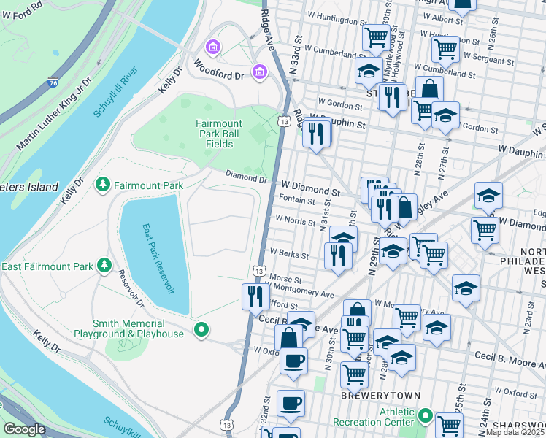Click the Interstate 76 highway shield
click(x=53, y=83)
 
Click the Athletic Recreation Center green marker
click(x=426, y=417)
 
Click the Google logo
click(x=25, y=429)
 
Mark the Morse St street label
click(x=285, y=279)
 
